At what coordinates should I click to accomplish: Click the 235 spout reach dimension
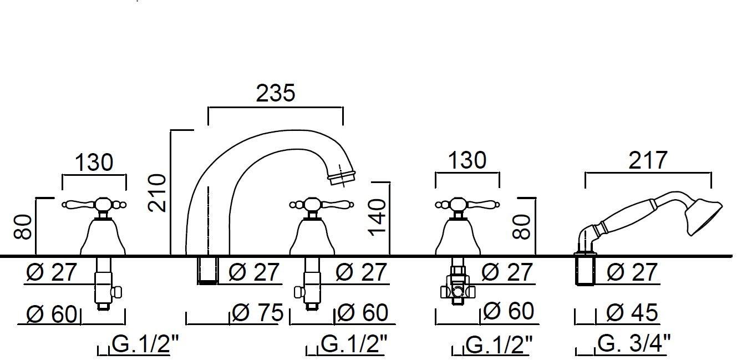click(276, 93)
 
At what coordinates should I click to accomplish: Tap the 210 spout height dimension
click(157, 193)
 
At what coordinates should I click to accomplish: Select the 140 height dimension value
click(377, 217)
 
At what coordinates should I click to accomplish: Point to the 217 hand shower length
click(648, 160)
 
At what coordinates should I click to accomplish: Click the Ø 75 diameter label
click(257, 313)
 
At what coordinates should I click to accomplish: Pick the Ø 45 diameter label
click(632, 313)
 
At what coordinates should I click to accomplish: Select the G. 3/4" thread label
click(633, 343)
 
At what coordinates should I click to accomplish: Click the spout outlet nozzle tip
click(343, 178)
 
